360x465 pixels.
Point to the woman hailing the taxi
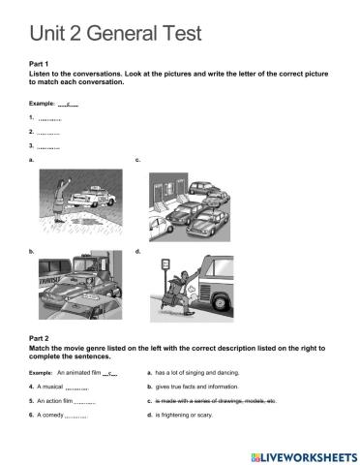[61, 198]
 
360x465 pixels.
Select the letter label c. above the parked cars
[137, 158]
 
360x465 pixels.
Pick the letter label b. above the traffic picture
[33, 252]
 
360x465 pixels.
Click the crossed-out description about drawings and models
[217, 400]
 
